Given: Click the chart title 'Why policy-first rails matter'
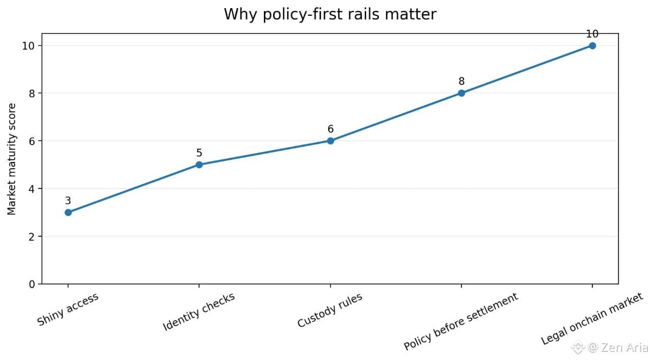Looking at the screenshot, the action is (x=330, y=14).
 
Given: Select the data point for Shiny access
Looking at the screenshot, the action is (x=68, y=212).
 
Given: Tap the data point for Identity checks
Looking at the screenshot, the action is (x=199, y=164).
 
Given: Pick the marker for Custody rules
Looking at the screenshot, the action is (x=331, y=141).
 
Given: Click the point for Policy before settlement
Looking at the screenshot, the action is (x=461, y=93).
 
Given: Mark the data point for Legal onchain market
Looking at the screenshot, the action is (x=592, y=46).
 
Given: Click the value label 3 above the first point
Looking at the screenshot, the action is (x=68, y=201).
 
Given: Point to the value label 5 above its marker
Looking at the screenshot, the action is (x=199, y=153).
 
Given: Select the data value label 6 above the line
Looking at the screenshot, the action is (x=331, y=129).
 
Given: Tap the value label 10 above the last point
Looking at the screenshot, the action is (x=592, y=34).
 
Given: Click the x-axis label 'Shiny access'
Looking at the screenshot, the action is (x=68, y=309).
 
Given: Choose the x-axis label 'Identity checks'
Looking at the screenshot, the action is (x=199, y=312).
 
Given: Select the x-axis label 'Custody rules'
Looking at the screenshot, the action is (x=330, y=310).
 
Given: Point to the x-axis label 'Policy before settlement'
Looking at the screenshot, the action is (x=461, y=321).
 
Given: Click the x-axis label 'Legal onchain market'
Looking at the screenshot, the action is (x=592, y=319).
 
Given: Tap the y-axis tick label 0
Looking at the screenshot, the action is (x=32, y=284).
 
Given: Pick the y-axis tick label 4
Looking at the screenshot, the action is (x=32, y=189).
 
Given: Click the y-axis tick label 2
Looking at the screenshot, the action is (x=32, y=237).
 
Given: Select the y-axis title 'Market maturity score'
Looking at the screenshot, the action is (x=12, y=159).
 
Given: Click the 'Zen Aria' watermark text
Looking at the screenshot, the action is (x=624, y=347).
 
